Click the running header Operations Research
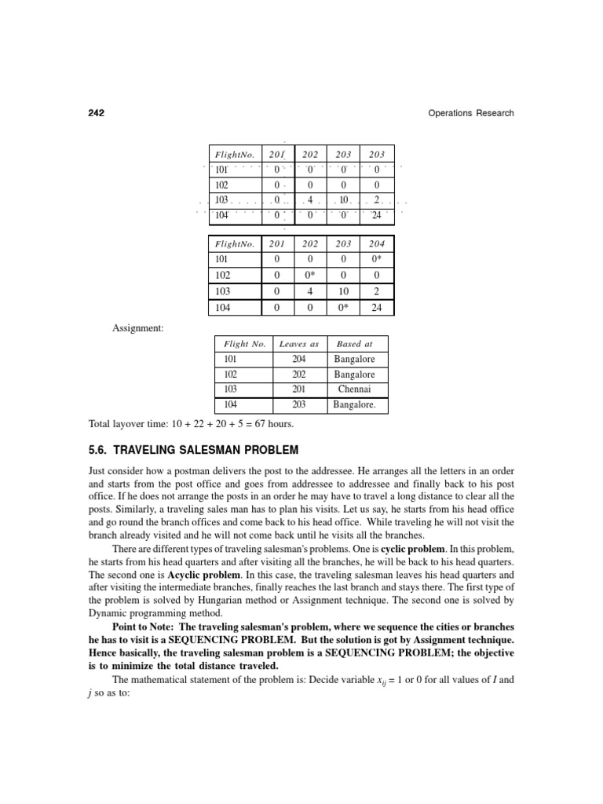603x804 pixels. (471, 113)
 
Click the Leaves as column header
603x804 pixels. (299, 344)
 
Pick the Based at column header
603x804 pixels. (355, 344)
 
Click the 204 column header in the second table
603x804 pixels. (377, 244)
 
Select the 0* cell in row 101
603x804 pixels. (377, 260)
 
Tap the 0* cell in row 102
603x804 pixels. (310, 276)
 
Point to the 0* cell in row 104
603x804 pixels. (343, 308)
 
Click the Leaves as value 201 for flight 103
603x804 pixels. (299, 389)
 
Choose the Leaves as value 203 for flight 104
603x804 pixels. (299, 405)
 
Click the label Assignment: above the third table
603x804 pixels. (138, 327)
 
